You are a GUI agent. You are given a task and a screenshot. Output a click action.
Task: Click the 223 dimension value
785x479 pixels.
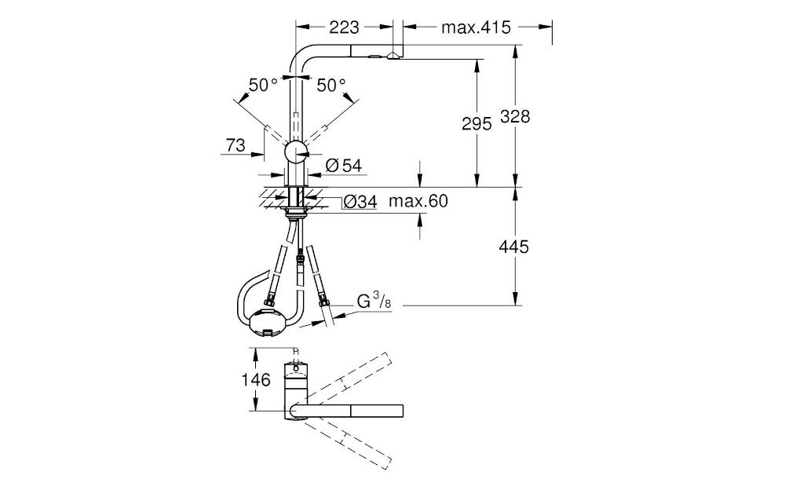click(344, 27)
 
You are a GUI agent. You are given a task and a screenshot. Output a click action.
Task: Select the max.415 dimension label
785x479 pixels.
click(476, 27)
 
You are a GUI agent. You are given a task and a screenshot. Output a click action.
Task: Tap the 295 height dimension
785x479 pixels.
click(476, 123)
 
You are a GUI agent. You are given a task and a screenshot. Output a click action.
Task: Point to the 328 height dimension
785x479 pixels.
click(515, 116)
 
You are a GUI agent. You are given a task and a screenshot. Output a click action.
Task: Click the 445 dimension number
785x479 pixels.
click(513, 247)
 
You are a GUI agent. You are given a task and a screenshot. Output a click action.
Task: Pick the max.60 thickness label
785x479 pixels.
click(418, 202)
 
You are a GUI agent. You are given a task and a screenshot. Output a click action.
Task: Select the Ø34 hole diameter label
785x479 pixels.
click(360, 202)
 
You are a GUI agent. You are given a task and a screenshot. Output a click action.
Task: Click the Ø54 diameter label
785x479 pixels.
click(344, 166)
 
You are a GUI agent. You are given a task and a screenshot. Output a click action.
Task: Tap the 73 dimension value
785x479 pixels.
click(235, 145)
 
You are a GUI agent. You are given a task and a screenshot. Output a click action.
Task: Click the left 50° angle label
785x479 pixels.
click(263, 85)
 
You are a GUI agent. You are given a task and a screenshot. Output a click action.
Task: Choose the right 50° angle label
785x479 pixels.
click(331, 85)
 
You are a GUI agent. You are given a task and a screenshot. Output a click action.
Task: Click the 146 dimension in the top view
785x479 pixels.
click(256, 380)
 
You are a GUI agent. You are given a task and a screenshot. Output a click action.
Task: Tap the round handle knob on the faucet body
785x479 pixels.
click(296, 151)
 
